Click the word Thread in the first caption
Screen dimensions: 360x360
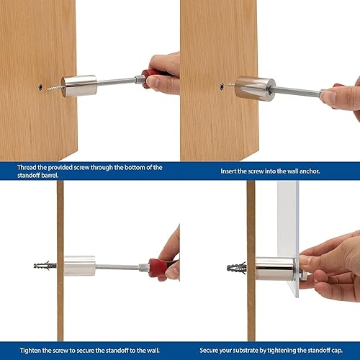pyautogui.click(x=27, y=167)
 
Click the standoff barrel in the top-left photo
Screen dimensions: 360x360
pyautogui.click(x=78, y=85)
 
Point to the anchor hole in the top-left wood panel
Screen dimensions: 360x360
pyautogui.click(x=39, y=86)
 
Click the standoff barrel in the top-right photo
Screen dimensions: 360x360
pyautogui.click(x=254, y=89)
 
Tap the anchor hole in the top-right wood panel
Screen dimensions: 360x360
pyautogui.click(x=222, y=86)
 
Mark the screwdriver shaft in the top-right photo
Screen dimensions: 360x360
pyautogui.click(x=295, y=91)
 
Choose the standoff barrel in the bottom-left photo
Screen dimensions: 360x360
pyautogui.click(x=79, y=265)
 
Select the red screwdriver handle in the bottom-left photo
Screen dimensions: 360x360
pyautogui.click(x=160, y=267)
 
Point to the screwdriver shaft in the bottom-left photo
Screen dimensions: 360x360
pyautogui.click(x=119, y=266)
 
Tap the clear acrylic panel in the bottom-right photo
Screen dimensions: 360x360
pyautogui.click(x=288, y=216)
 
